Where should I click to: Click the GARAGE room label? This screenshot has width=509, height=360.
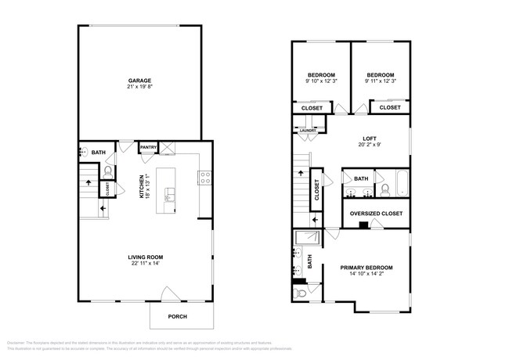(x=140, y=81)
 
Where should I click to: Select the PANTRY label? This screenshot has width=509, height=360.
(x=148, y=147)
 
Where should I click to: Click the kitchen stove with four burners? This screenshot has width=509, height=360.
(x=204, y=178)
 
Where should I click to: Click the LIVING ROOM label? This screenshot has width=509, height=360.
(x=145, y=257)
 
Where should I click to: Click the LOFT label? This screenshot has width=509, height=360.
(x=368, y=139)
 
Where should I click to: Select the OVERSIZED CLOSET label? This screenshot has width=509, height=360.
(x=377, y=213)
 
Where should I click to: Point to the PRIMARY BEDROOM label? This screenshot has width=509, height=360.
(x=366, y=267)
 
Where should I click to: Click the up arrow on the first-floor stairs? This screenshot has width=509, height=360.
(x=88, y=183)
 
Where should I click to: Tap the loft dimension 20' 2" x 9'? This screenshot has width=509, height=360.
(x=368, y=146)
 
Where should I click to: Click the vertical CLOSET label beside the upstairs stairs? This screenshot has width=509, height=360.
(x=316, y=191)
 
